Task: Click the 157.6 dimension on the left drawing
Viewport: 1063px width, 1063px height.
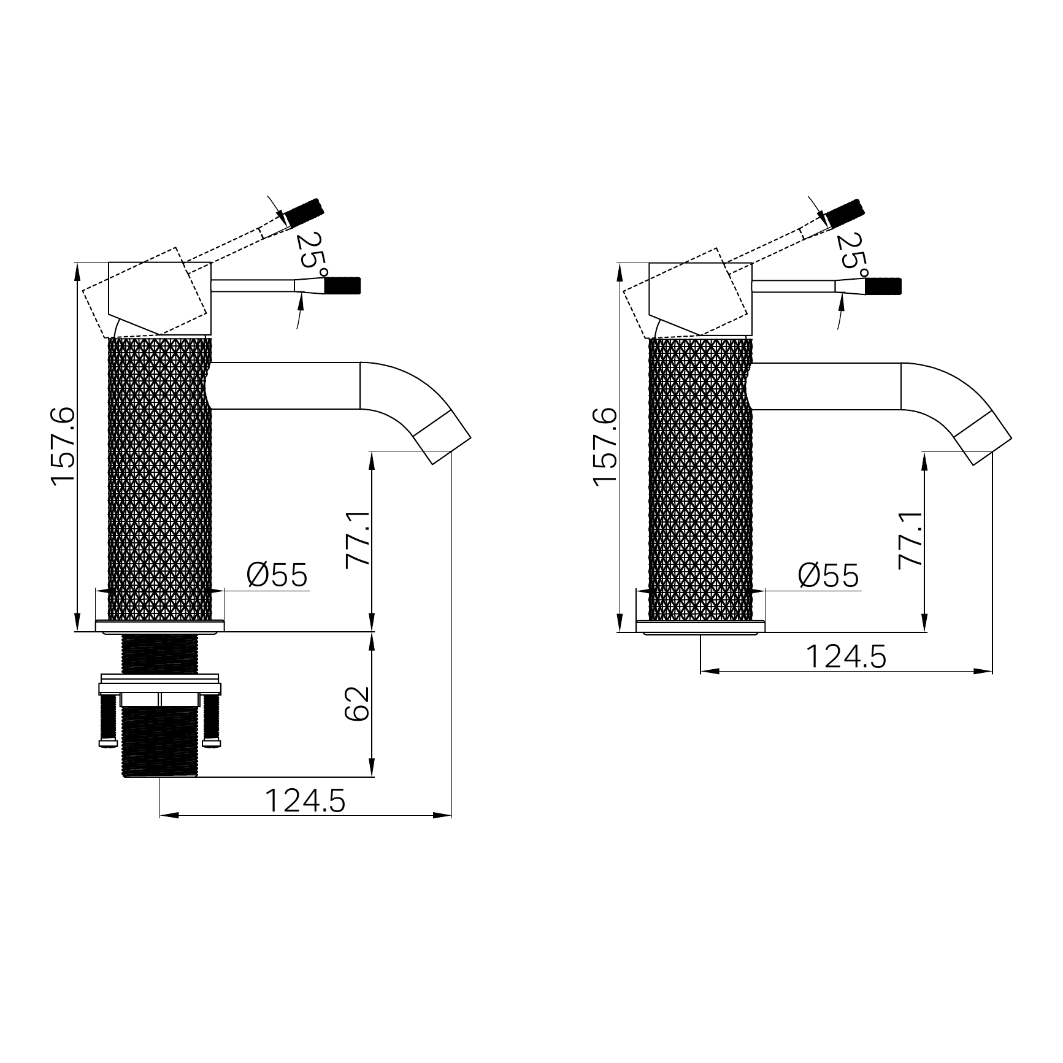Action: (x=63, y=447)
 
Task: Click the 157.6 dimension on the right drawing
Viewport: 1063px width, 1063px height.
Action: (x=605, y=447)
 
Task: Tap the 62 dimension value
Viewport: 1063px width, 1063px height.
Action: (x=358, y=704)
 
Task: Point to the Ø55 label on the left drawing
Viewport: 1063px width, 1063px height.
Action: (x=277, y=575)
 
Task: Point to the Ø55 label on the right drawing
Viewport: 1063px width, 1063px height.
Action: (x=828, y=575)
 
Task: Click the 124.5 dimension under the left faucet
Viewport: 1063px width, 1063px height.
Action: (x=305, y=800)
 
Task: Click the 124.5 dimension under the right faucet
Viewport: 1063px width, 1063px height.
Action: (x=845, y=657)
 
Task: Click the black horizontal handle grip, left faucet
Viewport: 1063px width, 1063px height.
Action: (x=342, y=286)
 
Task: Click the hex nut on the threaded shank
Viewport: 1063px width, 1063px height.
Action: (x=159, y=700)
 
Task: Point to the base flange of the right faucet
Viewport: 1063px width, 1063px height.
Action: (x=700, y=626)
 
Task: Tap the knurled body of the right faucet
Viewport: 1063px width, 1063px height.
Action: (x=700, y=478)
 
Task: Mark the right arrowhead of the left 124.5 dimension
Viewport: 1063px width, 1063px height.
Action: (x=443, y=816)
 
